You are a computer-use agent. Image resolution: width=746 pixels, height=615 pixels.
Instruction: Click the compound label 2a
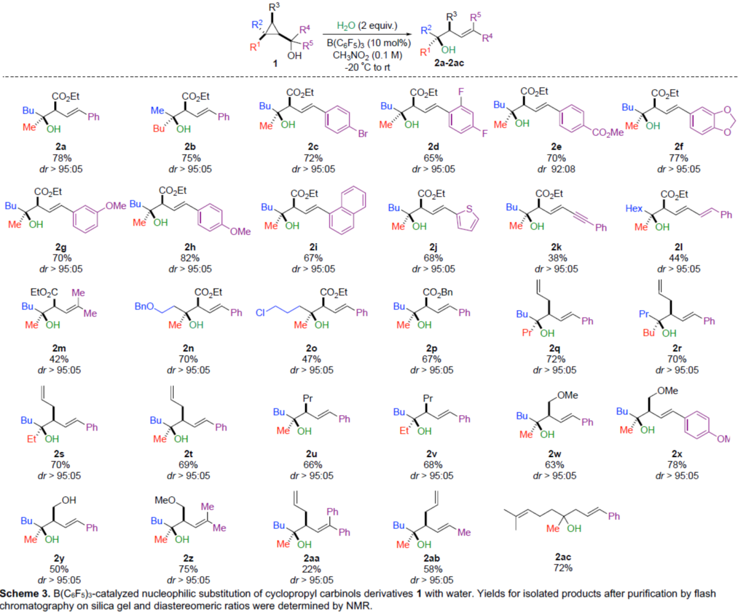coord(61,147)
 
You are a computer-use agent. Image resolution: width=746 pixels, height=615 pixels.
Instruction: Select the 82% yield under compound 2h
coord(190,258)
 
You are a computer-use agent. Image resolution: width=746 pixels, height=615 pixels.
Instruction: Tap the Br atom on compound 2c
coord(362,133)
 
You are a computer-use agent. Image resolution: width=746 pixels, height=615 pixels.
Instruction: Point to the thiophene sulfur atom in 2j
coord(469,209)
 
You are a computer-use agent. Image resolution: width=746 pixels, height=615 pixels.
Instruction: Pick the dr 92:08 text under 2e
coord(556,169)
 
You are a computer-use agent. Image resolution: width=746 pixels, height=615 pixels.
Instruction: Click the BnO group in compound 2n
coord(145,307)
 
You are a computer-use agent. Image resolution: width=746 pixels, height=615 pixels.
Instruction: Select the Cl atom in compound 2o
coord(260,312)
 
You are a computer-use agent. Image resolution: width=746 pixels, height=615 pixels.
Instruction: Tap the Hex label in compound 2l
coord(634,209)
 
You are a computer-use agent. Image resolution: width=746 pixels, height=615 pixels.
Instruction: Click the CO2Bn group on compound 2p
coord(438,292)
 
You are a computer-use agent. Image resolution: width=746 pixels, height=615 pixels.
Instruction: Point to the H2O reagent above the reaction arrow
coord(346,26)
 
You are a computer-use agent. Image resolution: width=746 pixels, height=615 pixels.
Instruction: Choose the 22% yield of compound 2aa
coord(311,569)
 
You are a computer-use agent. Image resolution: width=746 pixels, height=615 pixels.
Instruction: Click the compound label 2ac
coord(563,557)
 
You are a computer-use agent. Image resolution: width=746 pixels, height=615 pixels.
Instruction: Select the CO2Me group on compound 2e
coord(607,133)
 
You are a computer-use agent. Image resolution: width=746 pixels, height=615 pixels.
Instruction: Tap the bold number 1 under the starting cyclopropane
coord(275,63)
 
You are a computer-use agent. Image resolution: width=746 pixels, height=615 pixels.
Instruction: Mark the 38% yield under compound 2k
coord(557,258)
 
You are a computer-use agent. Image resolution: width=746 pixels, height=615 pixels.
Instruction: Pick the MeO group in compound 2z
coord(165,500)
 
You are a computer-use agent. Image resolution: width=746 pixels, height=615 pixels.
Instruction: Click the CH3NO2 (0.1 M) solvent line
coord(367,55)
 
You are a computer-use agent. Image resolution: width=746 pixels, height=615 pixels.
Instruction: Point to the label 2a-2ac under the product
coord(449,63)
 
